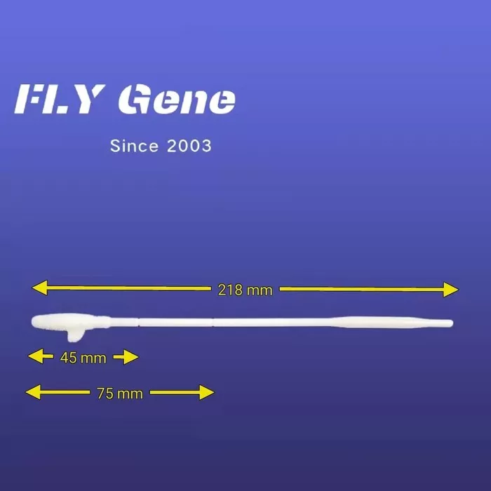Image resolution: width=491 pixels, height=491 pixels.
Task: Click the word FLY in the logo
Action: (60, 99)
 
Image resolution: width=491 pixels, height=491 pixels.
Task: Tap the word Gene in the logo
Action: (177, 99)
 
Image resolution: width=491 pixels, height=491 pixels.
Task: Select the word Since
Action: (135, 146)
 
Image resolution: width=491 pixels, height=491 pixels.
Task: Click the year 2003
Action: (189, 146)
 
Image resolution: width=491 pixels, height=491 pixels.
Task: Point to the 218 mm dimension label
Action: (245, 290)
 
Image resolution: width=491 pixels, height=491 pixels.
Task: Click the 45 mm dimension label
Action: (83, 358)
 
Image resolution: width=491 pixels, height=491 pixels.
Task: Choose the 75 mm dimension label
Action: (120, 394)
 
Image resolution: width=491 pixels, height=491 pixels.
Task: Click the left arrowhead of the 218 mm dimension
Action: (40, 288)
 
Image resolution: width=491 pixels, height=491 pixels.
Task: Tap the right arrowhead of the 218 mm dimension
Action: (451, 289)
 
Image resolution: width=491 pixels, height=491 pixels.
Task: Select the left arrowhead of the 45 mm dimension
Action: (36, 356)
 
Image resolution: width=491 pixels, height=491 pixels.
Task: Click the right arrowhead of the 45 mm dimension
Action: (131, 357)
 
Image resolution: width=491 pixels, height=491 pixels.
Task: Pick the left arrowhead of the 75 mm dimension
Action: (33, 392)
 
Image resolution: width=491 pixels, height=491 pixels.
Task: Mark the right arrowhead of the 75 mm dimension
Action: (207, 393)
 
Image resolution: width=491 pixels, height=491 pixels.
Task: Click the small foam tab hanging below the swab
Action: (74, 335)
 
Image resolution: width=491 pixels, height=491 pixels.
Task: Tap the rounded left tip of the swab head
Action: (34, 321)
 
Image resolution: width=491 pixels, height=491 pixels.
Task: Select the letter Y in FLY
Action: (89, 100)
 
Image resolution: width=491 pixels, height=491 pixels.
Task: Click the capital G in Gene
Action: (134, 99)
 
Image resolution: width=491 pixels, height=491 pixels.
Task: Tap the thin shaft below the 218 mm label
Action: (244, 323)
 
